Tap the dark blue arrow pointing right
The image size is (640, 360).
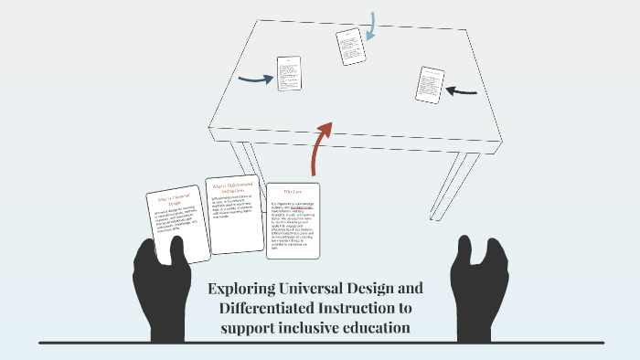tap(255, 79)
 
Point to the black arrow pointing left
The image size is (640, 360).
tap(463, 90)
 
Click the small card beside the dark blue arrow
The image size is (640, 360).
tap(289, 72)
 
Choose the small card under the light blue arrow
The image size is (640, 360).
tap(350, 46)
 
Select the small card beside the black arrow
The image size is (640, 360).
tap(430, 84)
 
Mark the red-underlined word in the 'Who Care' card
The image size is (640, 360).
tap(305, 208)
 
